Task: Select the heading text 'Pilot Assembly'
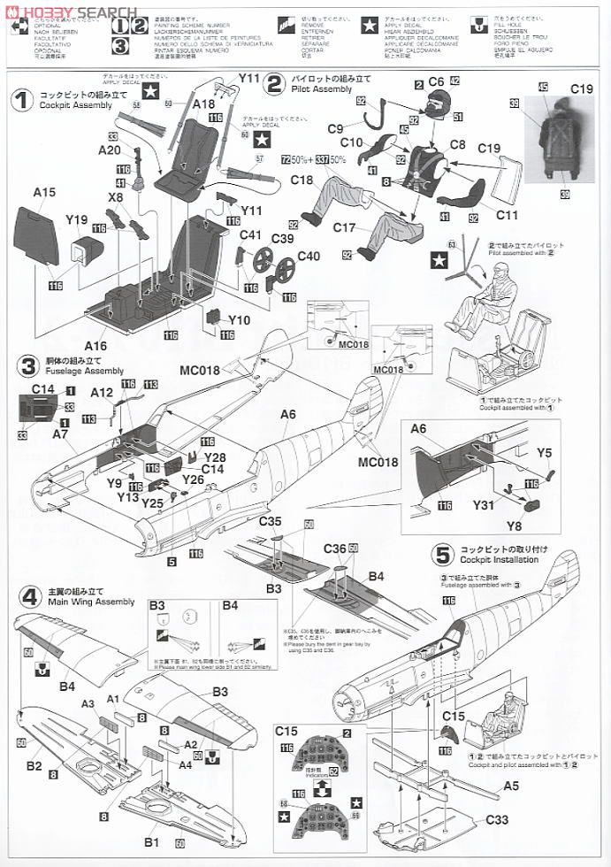click(320, 89)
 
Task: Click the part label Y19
click(77, 221)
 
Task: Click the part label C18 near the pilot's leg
click(302, 180)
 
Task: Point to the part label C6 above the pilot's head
click(435, 81)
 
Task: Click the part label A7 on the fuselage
click(60, 434)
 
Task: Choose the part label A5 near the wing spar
click(511, 784)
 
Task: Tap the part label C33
click(497, 820)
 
